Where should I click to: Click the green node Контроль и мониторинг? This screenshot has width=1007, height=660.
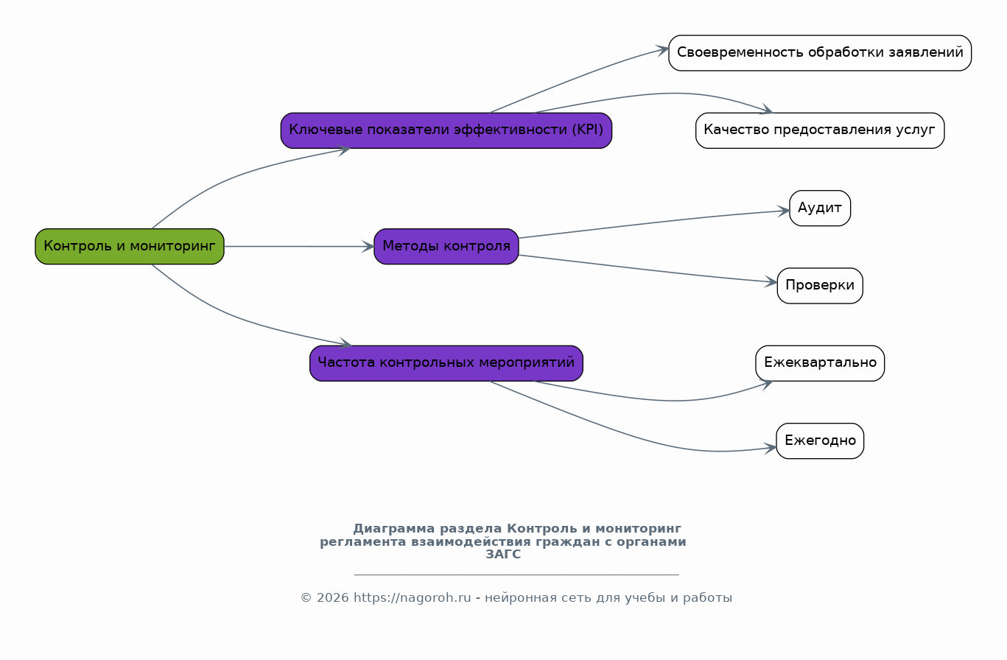tap(130, 246)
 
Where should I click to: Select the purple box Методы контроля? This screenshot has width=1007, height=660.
tap(446, 246)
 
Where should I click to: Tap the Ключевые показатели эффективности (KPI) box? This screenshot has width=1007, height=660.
tap(446, 130)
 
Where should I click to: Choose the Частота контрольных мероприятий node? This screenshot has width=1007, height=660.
tap(446, 363)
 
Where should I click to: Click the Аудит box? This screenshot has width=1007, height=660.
tap(820, 208)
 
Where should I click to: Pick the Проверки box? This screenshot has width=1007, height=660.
tap(820, 286)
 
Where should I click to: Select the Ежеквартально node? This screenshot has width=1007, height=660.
tap(820, 363)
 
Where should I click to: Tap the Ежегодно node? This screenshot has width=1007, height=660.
tap(820, 441)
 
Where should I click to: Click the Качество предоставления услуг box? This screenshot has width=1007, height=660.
tap(820, 130)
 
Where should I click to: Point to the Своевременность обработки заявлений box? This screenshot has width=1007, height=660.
tap(820, 53)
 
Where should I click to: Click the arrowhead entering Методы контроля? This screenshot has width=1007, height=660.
tap(368, 246)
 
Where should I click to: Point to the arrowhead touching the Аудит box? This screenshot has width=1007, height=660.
tap(784, 211)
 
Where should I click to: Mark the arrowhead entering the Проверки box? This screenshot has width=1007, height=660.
tap(771, 282)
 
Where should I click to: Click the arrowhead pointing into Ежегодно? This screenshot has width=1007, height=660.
tap(770, 449)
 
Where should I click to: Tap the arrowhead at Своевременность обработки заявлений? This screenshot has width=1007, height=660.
tap(662, 50)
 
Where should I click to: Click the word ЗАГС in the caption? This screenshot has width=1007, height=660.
tap(503, 555)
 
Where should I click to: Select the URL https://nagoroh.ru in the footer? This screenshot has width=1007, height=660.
tap(413, 598)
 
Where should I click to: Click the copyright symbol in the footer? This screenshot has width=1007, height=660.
tap(306, 598)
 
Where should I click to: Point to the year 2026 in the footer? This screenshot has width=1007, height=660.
tap(333, 598)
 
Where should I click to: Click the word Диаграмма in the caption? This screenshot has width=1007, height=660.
tap(394, 529)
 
